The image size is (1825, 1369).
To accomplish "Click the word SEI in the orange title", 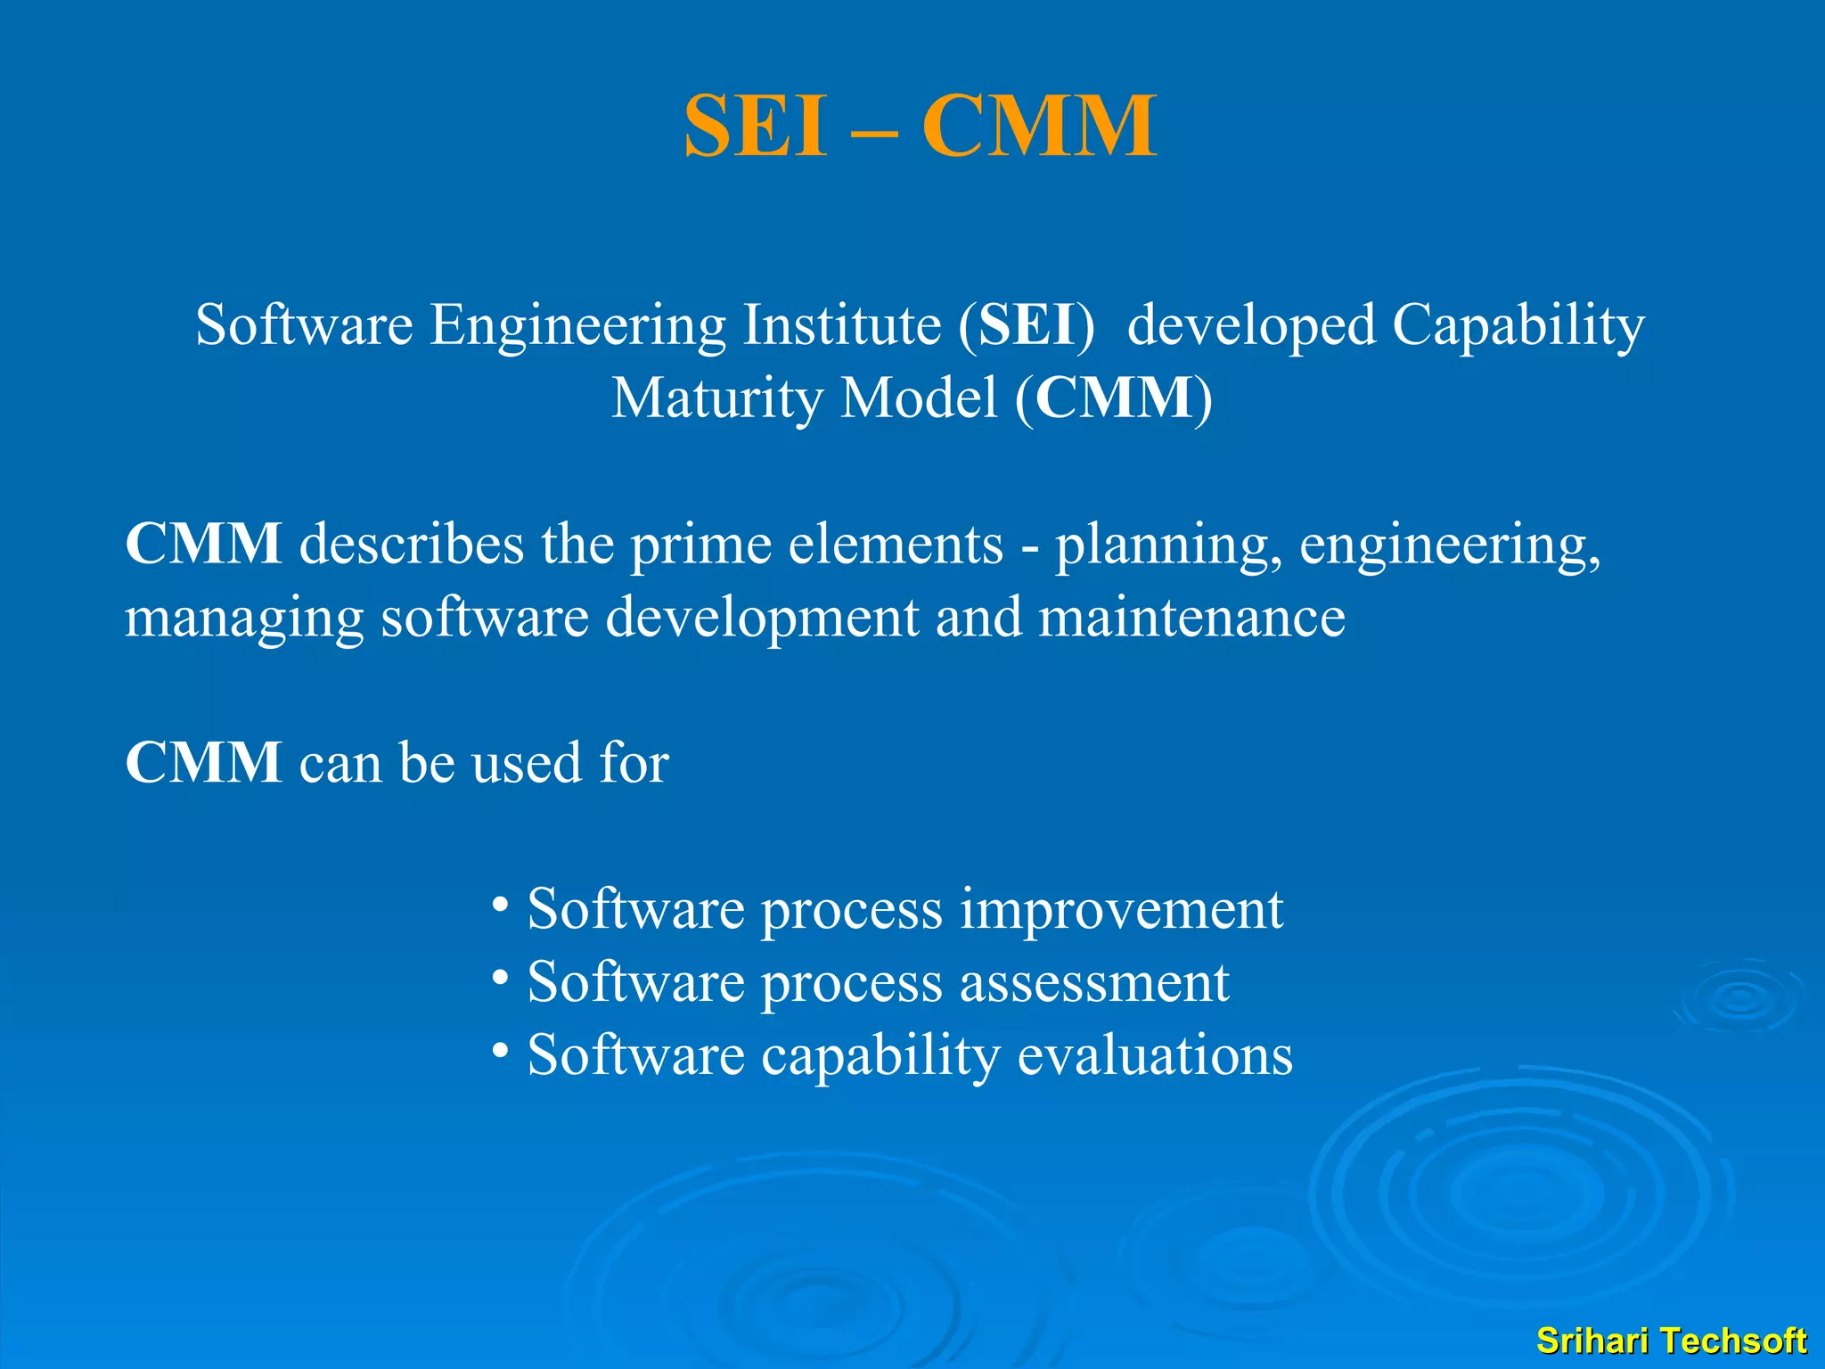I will [755, 127].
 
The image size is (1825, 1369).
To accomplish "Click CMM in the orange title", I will [1039, 127].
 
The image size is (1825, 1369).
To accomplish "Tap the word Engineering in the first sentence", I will [578, 324].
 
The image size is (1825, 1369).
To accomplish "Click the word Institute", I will [842, 324].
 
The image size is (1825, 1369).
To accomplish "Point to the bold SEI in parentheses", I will [1027, 324].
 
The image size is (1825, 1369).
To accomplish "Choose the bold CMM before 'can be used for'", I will [204, 763].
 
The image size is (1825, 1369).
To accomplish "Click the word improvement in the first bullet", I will [1121, 910].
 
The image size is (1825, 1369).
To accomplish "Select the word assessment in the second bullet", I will [1094, 983].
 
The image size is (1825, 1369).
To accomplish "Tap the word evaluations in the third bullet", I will [1155, 1055].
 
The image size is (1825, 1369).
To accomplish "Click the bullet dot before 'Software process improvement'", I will [501, 906].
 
